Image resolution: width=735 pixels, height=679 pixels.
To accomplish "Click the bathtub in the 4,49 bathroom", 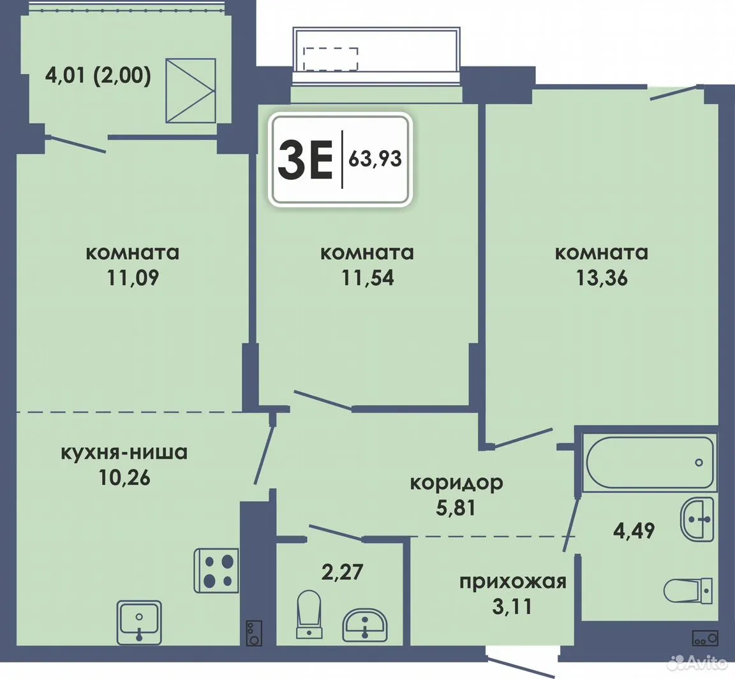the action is pyautogui.click(x=649, y=463).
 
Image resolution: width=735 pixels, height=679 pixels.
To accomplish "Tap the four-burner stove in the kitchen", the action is pyautogui.click(x=216, y=570).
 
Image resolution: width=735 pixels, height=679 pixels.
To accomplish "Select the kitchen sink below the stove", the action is pyautogui.click(x=138, y=622).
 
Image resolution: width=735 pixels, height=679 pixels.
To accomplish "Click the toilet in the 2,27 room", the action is pyautogui.click(x=309, y=614).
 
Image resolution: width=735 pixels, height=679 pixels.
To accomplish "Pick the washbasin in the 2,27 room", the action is pyautogui.click(x=365, y=625).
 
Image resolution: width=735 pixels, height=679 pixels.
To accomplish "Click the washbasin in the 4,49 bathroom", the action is pyautogui.click(x=697, y=519).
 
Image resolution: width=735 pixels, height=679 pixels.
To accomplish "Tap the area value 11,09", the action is pyautogui.click(x=133, y=278).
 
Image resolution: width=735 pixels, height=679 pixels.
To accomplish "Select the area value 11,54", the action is pyautogui.click(x=367, y=278).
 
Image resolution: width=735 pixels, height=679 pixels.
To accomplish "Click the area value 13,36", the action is pyautogui.click(x=602, y=278).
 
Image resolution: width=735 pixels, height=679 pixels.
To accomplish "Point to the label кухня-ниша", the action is pyautogui.click(x=124, y=453).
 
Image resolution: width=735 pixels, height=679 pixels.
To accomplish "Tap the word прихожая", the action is pyautogui.click(x=513, y=582).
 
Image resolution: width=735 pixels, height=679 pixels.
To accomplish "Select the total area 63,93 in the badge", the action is pyautogui.click(x=375, y=160).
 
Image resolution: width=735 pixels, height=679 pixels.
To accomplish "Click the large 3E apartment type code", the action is pyautogui.click(x=305, y=160).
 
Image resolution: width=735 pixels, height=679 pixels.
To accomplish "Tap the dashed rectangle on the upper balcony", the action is pyautogui.click(x=331, y=59).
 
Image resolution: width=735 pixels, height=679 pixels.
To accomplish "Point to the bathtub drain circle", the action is pyautogui.click(x=699, y=463).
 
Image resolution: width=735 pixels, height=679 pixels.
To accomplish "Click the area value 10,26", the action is pyautogui.click(x=124, y=478).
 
